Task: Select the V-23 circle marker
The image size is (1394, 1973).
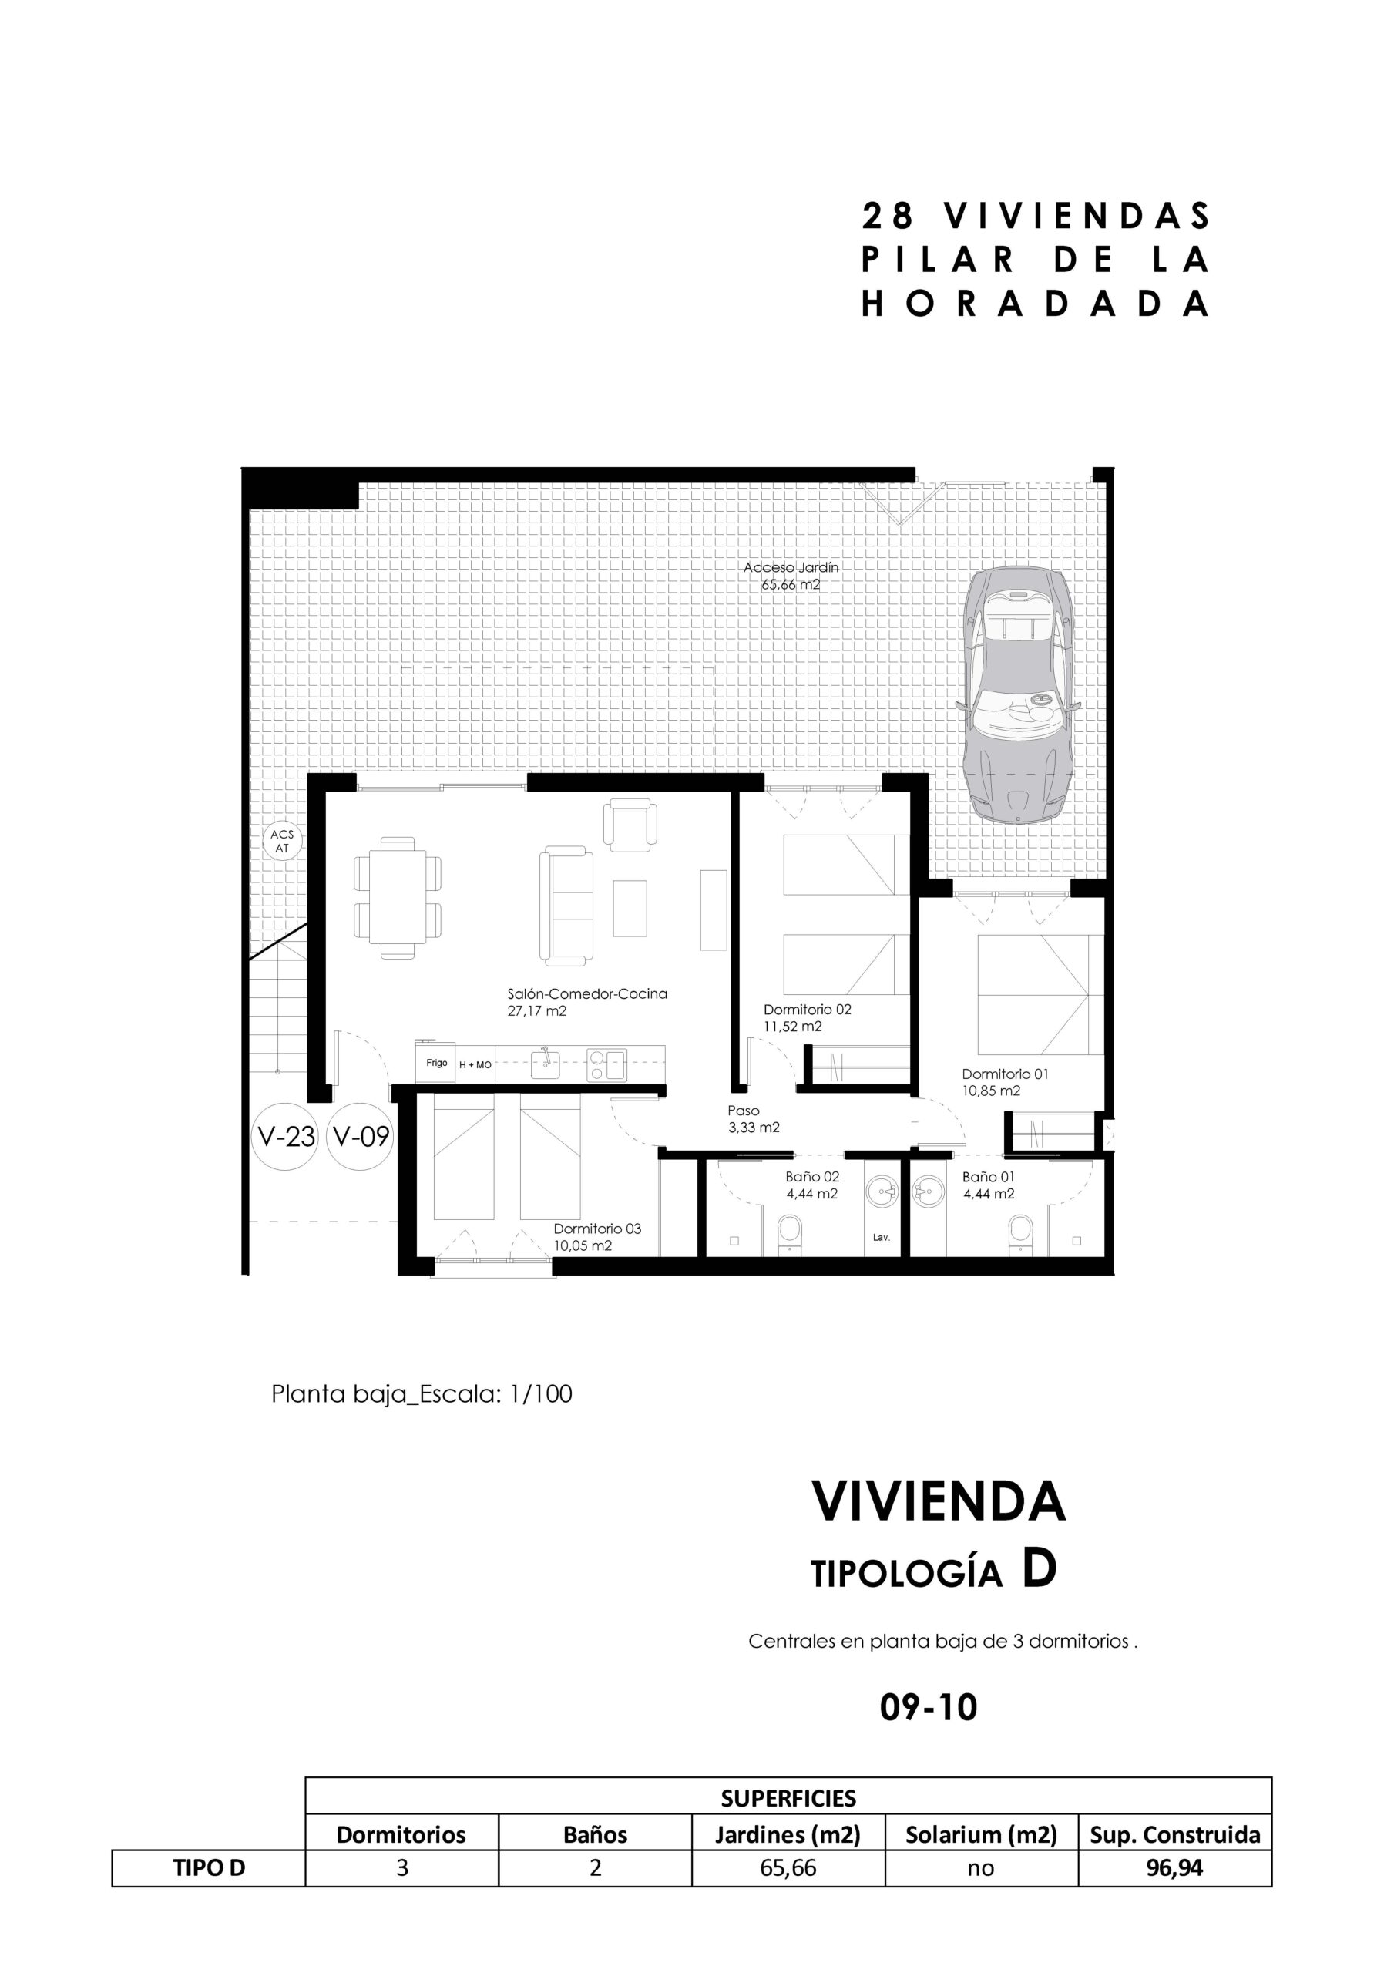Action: [286, 1136]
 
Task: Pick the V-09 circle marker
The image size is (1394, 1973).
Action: [361, 1136]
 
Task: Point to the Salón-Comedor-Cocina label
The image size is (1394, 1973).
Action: [587, 993]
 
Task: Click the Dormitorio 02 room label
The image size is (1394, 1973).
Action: [807, 1010]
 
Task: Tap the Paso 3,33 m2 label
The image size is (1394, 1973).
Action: [753, 1119]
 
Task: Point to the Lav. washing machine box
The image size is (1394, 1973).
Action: [881, 1238]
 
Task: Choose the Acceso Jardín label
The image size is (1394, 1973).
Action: [791, 567]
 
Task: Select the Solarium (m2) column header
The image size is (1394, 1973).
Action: [981, 1834]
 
